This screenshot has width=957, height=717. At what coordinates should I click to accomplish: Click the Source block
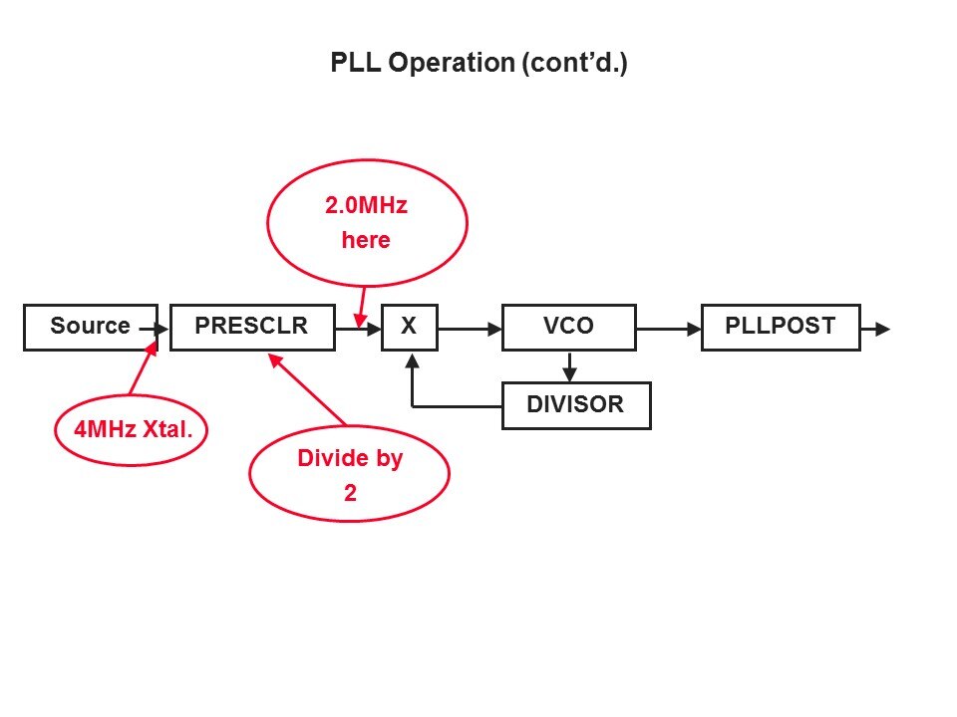pyautogui.click(x=90, y=327)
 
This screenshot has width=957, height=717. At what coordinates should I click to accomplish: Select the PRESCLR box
pyautogui.click(x=251, y=327)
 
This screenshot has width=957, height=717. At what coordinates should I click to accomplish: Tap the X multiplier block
pyautogui.click(x=409, y=327)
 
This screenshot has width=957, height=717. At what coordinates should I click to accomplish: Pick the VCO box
pyautogui.click(x=568, y=327)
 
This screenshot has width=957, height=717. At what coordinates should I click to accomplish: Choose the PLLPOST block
pyautogui.click(x=780, y=327)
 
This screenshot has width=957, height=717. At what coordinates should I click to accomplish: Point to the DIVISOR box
pyautogui.click(x=575, y=405)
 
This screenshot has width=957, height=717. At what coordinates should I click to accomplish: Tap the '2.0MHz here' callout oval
pyautogui.click(x=366, y=223)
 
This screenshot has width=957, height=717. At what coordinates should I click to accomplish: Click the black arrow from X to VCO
pyautogui.click(x=469, y=328)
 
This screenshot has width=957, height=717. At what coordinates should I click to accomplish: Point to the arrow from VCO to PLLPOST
pyautogui.click(x=668, y=328)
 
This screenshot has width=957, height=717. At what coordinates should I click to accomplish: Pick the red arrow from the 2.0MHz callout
pyautogui.click(x=362, y=304)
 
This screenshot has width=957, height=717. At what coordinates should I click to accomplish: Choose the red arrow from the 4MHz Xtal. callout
pyautogui.click(x=143, y=370)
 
